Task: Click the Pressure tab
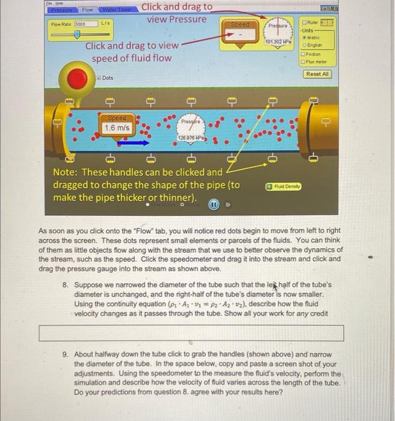(x=61, y=10)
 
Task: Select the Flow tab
(x=87, y=10)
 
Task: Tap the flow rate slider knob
(x=77, y=35)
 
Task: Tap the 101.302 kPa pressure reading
(x=278, y=41)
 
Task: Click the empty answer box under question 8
(x=191, y=333)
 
